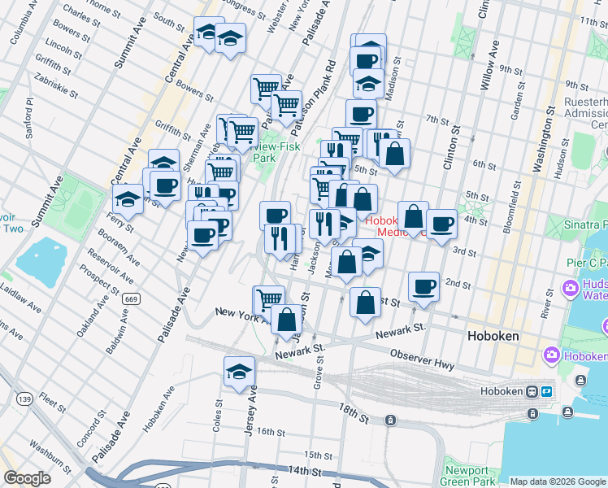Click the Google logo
(27, 478)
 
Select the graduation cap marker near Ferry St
(128, 198)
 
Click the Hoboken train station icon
(533, 391)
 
